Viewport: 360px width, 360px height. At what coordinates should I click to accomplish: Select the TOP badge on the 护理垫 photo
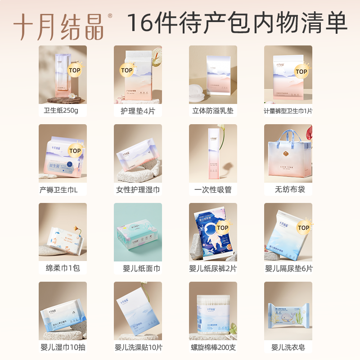(x=127, y=70)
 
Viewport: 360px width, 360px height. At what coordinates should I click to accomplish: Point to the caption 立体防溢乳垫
(x=213, y=110)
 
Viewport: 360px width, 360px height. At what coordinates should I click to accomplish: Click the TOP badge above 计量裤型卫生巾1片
(x=301, y=72)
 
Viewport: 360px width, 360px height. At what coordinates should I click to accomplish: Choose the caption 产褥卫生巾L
(x=59, y=189)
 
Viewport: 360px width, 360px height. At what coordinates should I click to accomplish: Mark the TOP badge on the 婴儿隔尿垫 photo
(x=303, y=228)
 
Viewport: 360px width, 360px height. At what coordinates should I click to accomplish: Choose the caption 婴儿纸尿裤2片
(x=213, y=268)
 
